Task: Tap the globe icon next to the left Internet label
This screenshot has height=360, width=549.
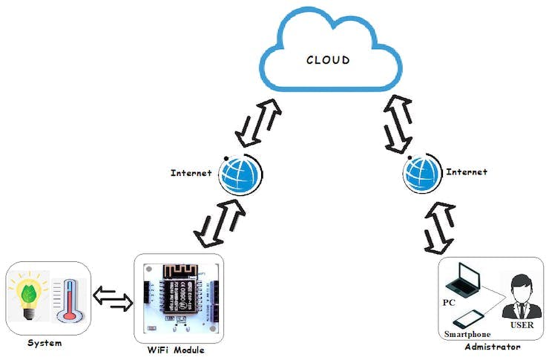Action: click(242, 173)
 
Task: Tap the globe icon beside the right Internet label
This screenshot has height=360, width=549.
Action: click(421, 173)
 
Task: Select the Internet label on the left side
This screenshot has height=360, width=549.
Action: click(191, 173)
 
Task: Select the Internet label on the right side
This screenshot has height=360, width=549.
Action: click(466, 171)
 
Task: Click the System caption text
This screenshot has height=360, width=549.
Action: click(45, 343)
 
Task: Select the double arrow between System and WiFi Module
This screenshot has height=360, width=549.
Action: click(111, 298)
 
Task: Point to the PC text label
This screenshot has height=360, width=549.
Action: click(450, 304)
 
